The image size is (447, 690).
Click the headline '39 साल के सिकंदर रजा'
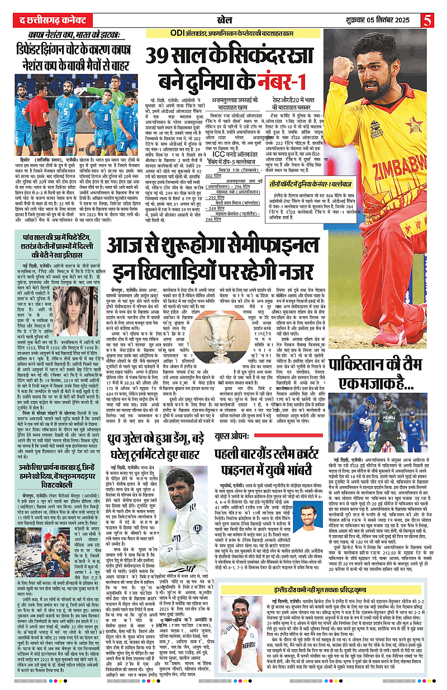[235, 56]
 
